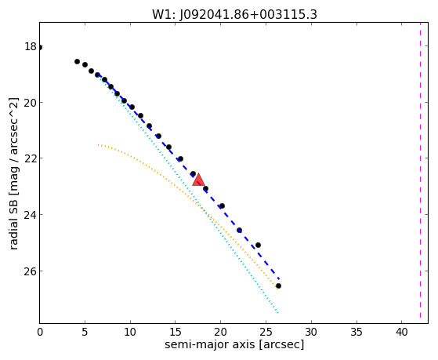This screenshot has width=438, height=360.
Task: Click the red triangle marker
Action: (x=198, y=180)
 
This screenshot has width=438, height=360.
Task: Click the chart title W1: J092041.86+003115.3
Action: (x=234, y=15)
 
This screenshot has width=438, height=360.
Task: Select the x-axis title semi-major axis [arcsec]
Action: (x=234, y=344)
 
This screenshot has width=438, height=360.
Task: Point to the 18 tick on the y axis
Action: (x=31, y=46)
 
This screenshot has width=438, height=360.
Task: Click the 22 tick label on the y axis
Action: (x=31, y=158)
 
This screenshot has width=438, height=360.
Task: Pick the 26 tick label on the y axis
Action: (x=31, y=271)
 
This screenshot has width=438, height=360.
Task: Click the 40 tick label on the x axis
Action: (x=401, y=332)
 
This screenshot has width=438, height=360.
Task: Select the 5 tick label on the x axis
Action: (x=85, y=332)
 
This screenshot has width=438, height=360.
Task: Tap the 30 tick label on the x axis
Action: (x=311, y=332)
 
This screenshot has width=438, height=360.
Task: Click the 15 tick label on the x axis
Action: (x=176, y=332)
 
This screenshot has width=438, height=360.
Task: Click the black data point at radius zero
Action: (x=40, y=47)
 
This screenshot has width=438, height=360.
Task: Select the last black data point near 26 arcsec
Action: (x=278, y=285)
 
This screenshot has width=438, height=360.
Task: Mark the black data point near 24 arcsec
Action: (x=258, y=245)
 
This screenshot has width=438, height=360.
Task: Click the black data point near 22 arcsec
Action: (x=239, y=231)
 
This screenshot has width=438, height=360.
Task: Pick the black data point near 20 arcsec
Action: (x=222, y=205)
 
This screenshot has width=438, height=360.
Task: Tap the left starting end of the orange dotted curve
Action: (x=98, y=145)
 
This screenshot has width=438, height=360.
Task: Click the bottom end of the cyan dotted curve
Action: (x=277, y=312)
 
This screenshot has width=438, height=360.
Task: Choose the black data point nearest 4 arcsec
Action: (x=77, y=61)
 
